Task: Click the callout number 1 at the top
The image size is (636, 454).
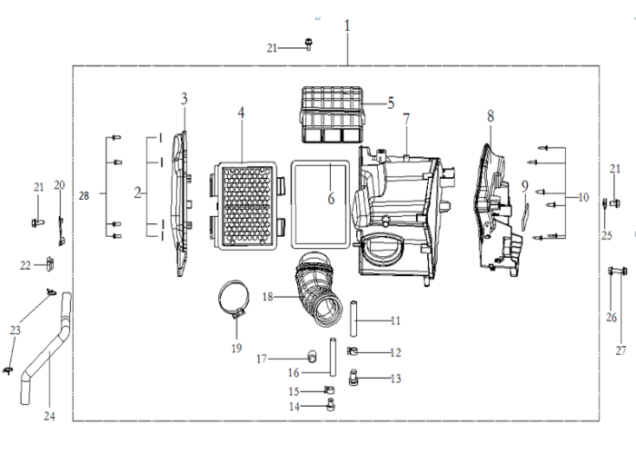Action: click(347, 26)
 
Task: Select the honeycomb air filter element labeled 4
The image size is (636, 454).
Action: click(247, 206)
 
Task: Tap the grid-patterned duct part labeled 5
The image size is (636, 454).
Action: click(333, 114)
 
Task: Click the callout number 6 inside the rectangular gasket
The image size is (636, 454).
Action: click(332, 199)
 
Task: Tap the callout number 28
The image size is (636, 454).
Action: click(84, 196)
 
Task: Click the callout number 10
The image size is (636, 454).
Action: click(583, 197)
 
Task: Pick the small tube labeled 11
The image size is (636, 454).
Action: click(353, 318)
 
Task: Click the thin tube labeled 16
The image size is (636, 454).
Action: click(333, 357)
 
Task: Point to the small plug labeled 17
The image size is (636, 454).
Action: click(312, 356)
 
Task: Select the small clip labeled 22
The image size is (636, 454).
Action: click(50, 264)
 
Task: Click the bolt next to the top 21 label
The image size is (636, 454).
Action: click(309, 44)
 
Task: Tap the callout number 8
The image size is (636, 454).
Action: click(491, 117)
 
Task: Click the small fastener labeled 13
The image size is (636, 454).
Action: click(353, 377)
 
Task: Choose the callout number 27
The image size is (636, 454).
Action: click(621, 350)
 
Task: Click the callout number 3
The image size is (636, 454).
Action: click(184, 98)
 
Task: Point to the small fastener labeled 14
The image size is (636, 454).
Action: click(331, 404)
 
